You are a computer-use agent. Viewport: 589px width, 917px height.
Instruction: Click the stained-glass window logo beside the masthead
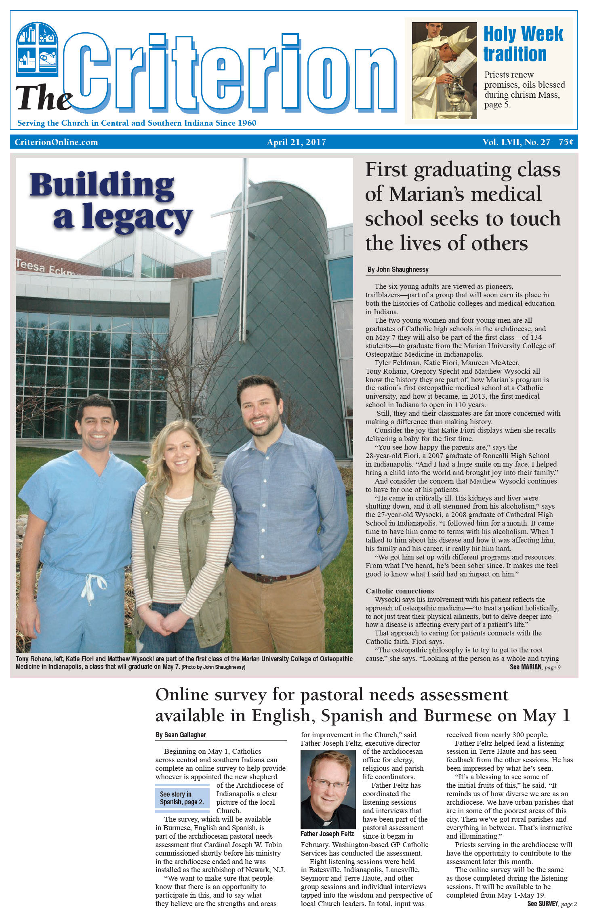pos(37,49)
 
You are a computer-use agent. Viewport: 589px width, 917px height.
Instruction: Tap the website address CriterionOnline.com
pos(56,142)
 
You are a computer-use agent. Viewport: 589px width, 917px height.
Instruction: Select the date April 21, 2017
pos(296,142)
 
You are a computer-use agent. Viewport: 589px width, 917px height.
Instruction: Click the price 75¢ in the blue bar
pos(566,142)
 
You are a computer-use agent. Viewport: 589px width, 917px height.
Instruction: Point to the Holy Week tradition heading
pos(523,44)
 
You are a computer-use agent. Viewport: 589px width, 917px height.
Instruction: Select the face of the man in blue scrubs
pos(97,424)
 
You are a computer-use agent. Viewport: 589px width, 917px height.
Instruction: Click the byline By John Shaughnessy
pos(398,269)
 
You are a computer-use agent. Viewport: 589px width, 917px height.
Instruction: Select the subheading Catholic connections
pos(400,591)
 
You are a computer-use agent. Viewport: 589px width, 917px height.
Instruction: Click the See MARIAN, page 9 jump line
pos(535,667)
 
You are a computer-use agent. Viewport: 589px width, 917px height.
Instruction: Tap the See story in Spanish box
pos(182,798)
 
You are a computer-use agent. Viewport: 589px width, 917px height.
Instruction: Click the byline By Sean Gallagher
pos(181,735)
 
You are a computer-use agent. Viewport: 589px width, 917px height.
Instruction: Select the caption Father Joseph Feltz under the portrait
pos(327,834)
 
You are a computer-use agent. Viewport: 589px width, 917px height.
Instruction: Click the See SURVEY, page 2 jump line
pos(552,904)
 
